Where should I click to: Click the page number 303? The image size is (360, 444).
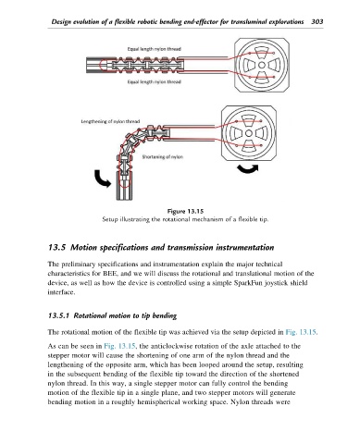[317, 21]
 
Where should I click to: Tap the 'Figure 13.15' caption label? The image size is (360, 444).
[185, 212]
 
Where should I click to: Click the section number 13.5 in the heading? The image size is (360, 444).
[56, 248]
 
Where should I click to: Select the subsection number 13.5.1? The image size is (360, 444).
[58, 315]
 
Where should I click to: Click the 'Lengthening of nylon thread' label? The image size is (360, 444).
[110, 121]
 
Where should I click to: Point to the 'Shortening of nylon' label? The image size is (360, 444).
[162, 157]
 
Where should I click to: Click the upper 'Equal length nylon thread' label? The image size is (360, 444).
[155, 49]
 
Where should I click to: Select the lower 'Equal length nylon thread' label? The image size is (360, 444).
[155, 82]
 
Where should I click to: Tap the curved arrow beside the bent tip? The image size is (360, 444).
[101, 179]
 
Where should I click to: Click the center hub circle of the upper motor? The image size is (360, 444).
[262, 65]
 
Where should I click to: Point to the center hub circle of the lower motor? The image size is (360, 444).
[249, 133]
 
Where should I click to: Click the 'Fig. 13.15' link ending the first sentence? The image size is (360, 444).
[302, 332]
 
